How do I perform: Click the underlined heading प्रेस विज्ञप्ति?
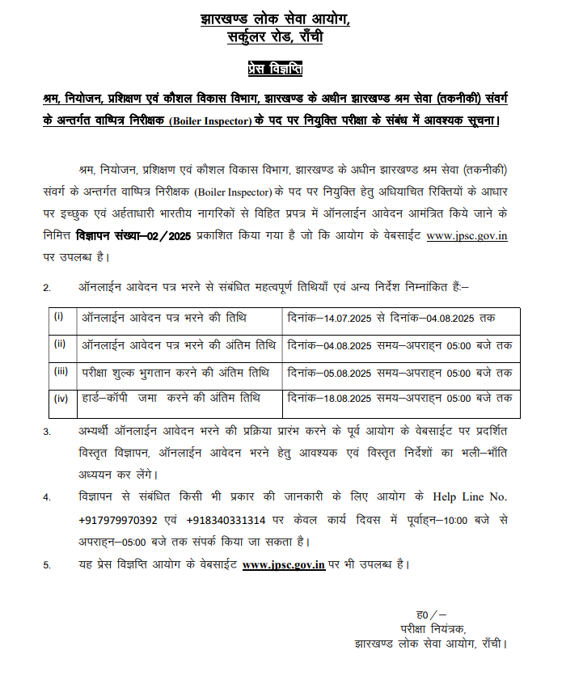tap(275, 69)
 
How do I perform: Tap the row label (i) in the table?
tap(59, 315)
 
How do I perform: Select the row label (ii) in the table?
tap(60, 344)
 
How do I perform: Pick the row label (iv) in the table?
tap(61, 398)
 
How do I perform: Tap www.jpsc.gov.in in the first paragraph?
tap(467, 238)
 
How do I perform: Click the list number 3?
tap(46, 432)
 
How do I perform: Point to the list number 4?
tap(46, 496)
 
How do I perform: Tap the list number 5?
tap(46, 565)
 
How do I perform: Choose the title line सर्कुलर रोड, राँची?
tap(275, 36)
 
